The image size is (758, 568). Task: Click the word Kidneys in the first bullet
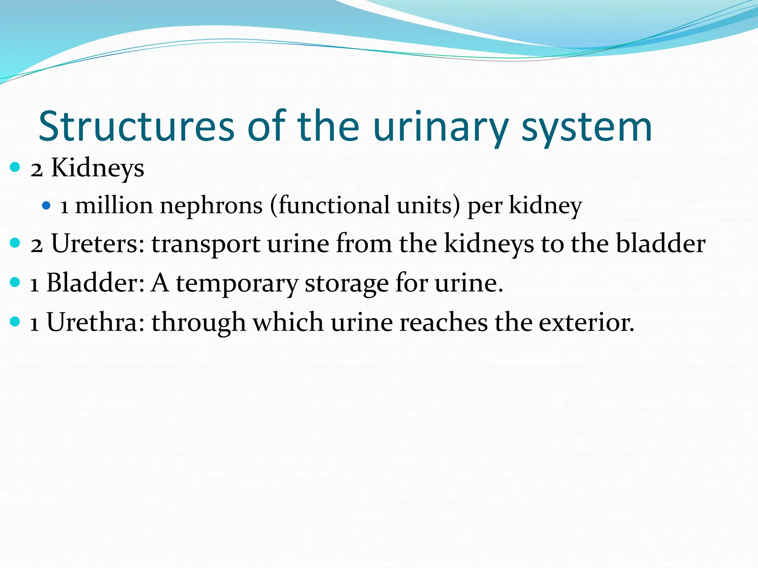click(x=97, y=168)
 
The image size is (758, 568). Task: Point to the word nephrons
click(x=211, y=206)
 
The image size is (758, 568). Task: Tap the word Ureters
click(x=98, y=244)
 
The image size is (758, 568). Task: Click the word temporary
click(x=237, y=284)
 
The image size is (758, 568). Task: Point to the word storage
click(x=346, y=284)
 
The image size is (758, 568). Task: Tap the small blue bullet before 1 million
click(x=46, y=205)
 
